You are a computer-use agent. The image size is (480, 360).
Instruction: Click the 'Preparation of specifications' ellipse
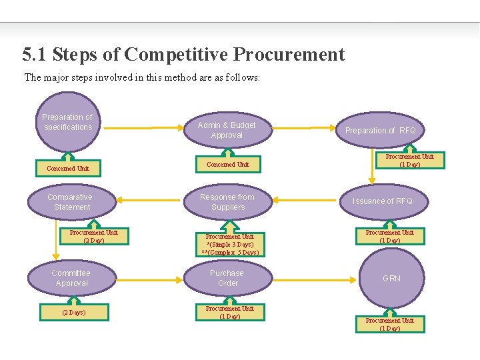(67, 123)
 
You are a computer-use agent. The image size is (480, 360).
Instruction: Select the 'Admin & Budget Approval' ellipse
(227, 130)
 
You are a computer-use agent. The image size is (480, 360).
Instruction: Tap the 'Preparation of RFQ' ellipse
(380, 131)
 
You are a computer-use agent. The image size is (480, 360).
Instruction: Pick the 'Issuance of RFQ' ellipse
(382, 201)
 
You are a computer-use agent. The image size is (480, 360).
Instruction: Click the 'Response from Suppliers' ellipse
(227, 202)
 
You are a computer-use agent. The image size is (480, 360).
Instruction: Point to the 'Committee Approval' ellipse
(71, 278)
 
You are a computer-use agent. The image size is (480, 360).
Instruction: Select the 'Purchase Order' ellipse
(227, 278)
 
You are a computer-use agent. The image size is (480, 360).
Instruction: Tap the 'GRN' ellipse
(391, 278)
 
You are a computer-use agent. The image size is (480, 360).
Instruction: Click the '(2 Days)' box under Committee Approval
(73, 312)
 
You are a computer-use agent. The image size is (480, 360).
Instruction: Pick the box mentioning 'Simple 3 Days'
(229, 245)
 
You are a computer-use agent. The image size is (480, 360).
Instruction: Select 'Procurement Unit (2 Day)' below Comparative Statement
(93, 237)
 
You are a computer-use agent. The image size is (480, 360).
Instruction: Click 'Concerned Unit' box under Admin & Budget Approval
(228, 164)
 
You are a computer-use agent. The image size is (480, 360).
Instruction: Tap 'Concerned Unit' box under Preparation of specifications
(68, 169)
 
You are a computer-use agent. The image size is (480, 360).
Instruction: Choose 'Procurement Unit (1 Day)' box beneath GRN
(389, 325)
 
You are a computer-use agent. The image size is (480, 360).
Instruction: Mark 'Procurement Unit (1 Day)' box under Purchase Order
(229, 312)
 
